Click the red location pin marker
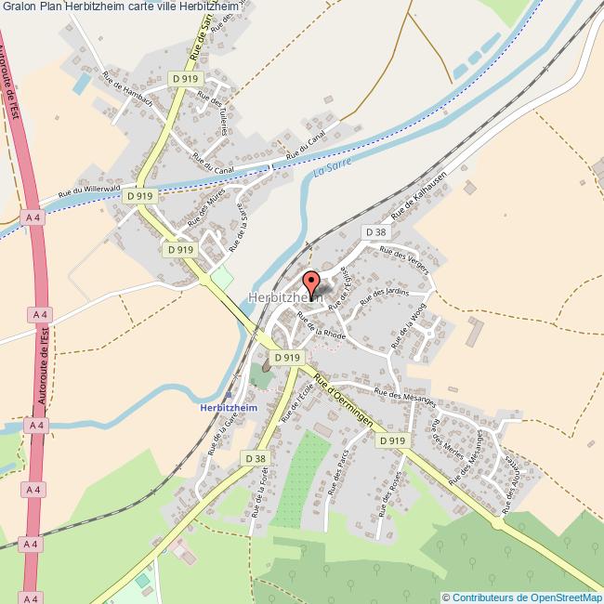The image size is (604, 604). tap(311, 282)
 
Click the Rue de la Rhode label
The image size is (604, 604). tap(322, 326)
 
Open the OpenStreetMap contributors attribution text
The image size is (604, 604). tap(522, 597)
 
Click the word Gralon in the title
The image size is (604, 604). tap(20, 7)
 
